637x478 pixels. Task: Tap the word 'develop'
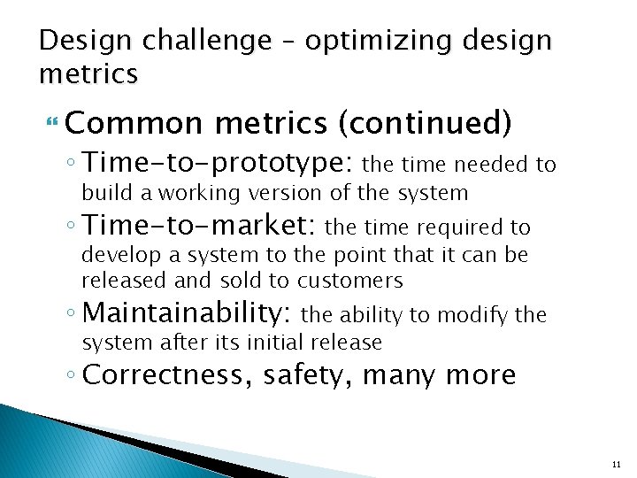(x=115, y=257)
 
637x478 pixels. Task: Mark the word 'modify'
(x=474, y=314)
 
